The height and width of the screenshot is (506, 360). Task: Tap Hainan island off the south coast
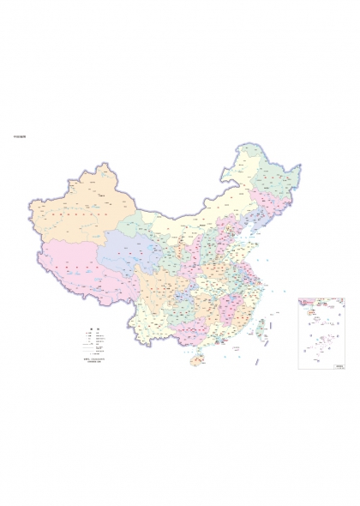click(x=197, y=360)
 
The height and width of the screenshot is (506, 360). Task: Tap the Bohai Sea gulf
click(x=239, y=232)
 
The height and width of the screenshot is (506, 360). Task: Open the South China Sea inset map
click(x=322, y=334)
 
